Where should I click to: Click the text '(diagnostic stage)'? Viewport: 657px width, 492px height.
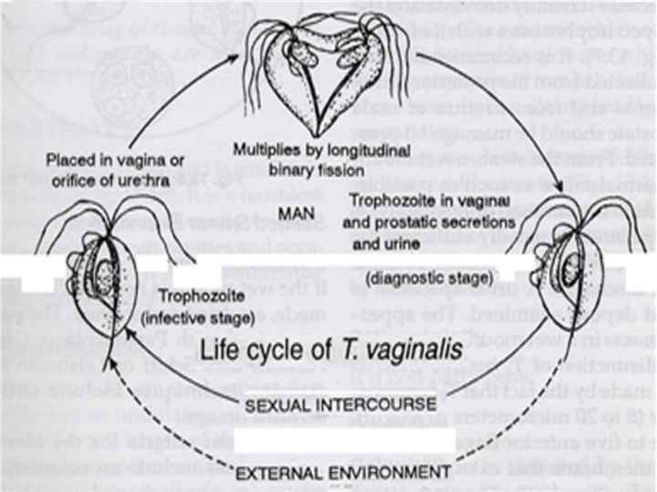404,276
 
